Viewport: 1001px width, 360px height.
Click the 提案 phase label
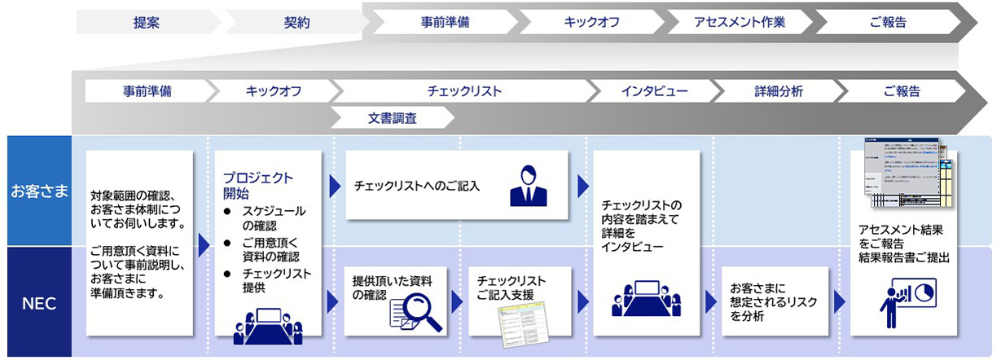146,23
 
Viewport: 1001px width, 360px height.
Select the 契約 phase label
296,23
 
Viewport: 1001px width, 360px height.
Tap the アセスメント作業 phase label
740,23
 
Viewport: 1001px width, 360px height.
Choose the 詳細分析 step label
778,91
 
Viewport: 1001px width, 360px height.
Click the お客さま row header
39,192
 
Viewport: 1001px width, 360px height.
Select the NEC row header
39,304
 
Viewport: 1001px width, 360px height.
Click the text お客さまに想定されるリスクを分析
773,302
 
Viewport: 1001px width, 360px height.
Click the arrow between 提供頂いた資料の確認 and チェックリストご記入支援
457,301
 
